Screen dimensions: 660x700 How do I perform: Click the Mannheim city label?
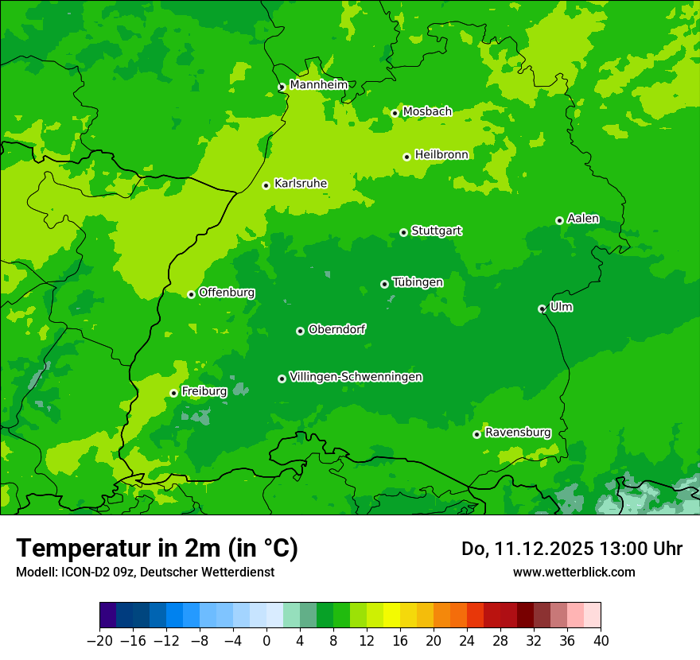[x=318, y=84]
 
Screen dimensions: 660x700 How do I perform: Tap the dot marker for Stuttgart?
[x=404, y=232]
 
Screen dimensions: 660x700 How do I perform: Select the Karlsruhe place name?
[x=301, y=184]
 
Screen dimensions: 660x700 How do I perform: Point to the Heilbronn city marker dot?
[x=407, y=157]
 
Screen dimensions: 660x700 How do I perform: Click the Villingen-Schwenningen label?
[x=356, y=377]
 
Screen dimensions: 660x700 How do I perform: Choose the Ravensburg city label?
[x=518, y=433]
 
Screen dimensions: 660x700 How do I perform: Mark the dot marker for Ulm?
[x=542, y=309]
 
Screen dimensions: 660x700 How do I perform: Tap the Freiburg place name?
[x=204, y=391]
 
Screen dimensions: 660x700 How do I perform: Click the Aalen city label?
[x=583, y=219]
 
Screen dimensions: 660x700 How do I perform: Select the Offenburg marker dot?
[x=192, y=294]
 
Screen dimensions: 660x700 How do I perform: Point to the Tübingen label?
[x=418, y=282]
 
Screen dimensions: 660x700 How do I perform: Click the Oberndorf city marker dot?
[x=301, y=331]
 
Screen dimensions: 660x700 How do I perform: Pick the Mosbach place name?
[x=427, y=111]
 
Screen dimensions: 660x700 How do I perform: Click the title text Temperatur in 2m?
[x=157, y=548]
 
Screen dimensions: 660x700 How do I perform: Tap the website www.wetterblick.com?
[x=574, y=572]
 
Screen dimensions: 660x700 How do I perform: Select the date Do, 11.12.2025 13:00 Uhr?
[x=571, y=549]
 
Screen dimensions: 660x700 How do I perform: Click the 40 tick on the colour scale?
[x=601, y=641]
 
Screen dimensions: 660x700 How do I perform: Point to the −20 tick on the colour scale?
[x=99, y=641]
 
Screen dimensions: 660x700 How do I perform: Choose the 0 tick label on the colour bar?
[x=266, y=641]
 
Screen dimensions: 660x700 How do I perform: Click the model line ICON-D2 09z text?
[x=145, y=572]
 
